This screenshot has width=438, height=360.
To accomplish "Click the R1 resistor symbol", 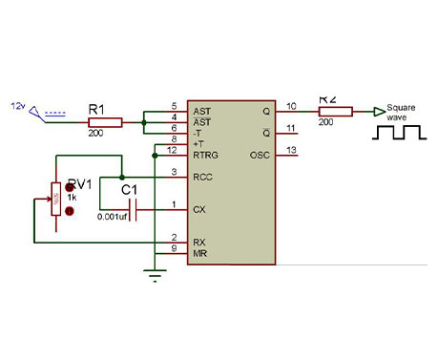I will (105, 122).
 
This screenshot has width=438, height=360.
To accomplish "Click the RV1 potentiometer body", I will (55, 201).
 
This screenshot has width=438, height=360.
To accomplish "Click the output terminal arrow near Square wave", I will (379, 112).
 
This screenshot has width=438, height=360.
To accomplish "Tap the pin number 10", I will (291, 105).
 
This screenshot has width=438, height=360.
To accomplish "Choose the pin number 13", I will (291, 150).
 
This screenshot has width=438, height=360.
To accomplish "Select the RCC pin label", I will (202, 177).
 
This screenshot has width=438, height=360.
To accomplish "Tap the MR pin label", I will (198, 252).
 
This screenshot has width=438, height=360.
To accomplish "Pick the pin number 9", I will (173, 248).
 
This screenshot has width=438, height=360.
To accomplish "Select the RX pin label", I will (198, 242).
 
